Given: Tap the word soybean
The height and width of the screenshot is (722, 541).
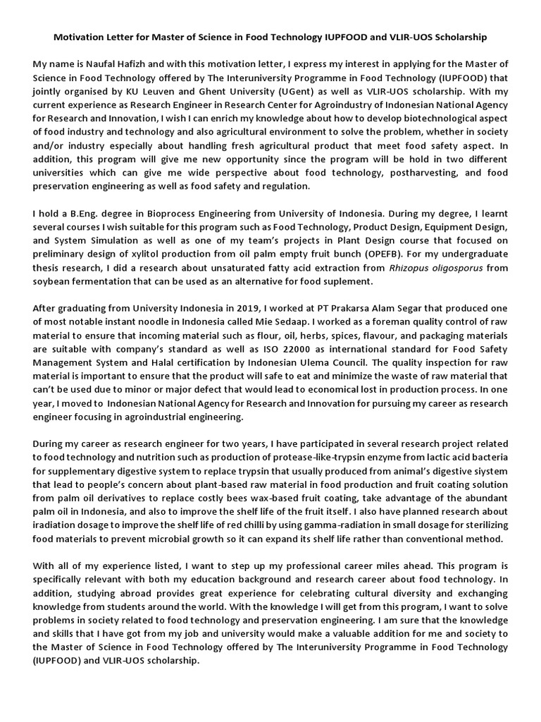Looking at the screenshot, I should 54,281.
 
